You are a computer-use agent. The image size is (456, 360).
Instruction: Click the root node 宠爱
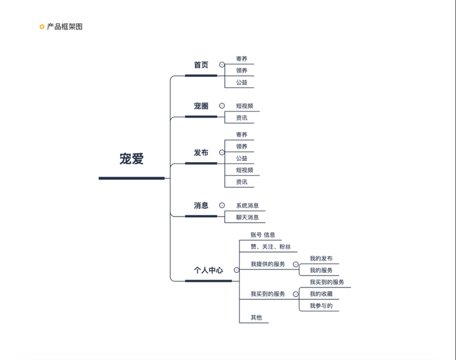click(x=131, y=159)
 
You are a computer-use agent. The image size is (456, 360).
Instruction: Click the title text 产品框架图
click(x=65, y=26)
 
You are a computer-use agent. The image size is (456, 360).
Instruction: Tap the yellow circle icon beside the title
click(x=41, y=26)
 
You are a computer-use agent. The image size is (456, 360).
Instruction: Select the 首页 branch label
click(x=201, y=65)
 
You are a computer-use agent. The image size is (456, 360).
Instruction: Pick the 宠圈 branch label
click(x=201, y=106)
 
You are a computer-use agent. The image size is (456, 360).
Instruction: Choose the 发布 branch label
click(x=201, y=153)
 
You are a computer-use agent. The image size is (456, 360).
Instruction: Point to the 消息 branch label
click(x=201, y=205)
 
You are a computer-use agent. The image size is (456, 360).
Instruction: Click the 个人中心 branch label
click(x=208, y=271)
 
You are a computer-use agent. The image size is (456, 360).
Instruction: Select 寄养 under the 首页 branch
click(x=241, y=59)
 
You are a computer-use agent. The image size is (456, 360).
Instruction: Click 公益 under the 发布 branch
click(x=241, y=158)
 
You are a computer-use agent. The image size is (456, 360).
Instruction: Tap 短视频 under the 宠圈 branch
click(x=244, y=106)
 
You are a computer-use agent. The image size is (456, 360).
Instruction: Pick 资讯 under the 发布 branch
click(x=241, y=182)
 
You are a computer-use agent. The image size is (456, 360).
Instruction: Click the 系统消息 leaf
click(x=247, y=206)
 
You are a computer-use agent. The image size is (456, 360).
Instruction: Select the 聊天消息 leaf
click(x=247, y=217)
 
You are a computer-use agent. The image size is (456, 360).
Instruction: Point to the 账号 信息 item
click(x=263, y=235)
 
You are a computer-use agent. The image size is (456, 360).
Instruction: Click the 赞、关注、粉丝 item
click(x=271, y=247)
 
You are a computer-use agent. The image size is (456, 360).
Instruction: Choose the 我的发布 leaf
click(x=321, y=259)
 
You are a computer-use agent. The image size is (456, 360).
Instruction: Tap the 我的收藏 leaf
click(x=321, y=294)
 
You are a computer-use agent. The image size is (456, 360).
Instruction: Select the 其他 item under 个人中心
click(x=256, y=317)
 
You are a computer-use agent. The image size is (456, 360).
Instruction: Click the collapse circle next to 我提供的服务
click(x=295, y=264)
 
